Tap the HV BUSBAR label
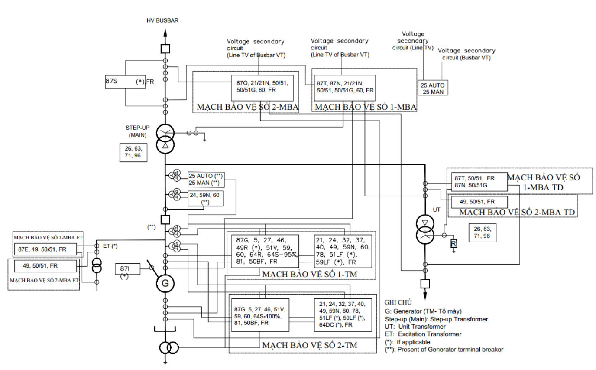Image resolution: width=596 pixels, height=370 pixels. [162, 20]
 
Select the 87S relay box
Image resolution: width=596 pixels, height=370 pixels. [125, 82]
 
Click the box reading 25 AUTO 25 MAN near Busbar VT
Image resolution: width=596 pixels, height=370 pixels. [433, 88]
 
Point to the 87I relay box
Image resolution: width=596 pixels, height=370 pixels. [128, 269]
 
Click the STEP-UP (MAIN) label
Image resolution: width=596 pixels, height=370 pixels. [138, 131]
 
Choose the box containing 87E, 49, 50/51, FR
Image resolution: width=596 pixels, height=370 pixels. [45, 249]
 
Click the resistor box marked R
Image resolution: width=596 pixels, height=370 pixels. [453, 243]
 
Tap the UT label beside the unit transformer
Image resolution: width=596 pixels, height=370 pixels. [437, 210]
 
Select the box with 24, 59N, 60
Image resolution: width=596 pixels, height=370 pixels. [206, 199]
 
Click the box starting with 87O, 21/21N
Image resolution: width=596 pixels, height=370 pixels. [262, 88]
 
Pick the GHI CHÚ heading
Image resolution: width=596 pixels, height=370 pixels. [398, 302]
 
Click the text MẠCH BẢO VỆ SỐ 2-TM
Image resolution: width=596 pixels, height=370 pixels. [310, 345]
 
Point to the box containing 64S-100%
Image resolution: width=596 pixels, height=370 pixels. [260, 315]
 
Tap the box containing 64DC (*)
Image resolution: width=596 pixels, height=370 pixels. [343, 315]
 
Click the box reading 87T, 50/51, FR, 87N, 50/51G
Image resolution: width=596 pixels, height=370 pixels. [479, 182]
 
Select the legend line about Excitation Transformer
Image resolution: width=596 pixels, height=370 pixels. [423, 334]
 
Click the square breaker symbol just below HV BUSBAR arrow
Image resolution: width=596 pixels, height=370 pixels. [165, 49]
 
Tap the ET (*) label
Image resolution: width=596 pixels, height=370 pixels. [110, 246]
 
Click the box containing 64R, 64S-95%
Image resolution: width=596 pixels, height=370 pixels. [265, 251]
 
